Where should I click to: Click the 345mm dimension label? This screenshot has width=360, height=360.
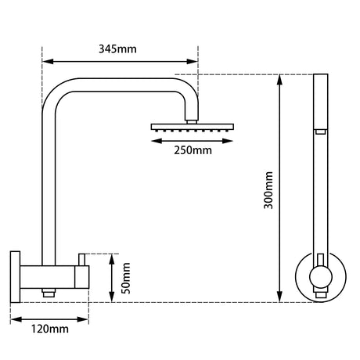coord(119,49)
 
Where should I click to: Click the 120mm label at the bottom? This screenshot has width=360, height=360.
coord(49,329)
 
